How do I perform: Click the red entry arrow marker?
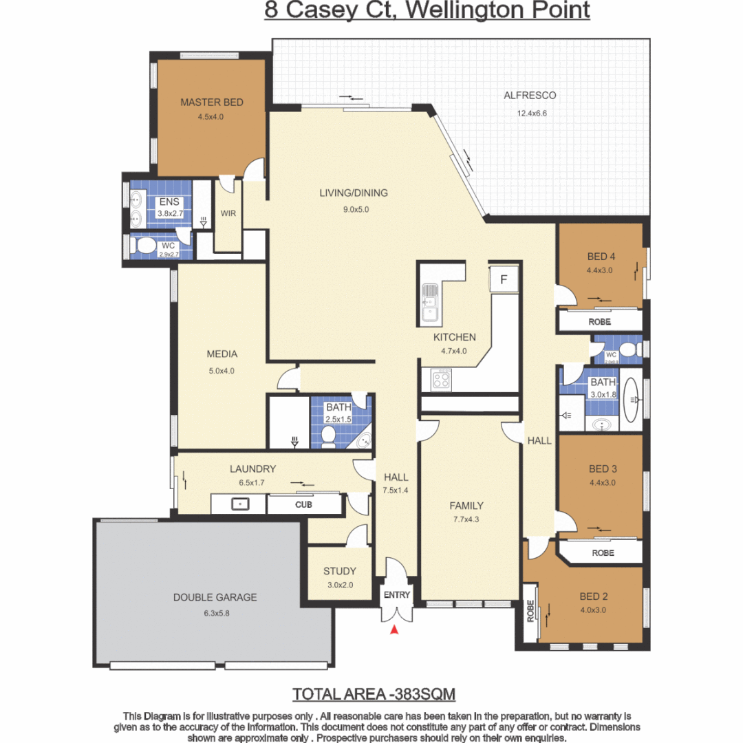click(394, 629)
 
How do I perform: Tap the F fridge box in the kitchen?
click(504, 280)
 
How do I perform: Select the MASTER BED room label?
click(212, 103)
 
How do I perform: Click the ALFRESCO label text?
click(530, 96)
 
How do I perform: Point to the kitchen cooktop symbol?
click(440, 378)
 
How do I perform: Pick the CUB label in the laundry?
click(303, 504)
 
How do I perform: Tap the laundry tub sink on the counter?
click(239, 504)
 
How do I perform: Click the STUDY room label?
click(340, 571)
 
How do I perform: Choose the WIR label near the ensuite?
click(228, 213)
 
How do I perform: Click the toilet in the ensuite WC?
click(147, 246)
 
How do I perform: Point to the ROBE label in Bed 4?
click(599, 321)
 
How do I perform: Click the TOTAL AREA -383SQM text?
click(374, 693)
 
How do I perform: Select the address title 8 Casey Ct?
click(427, 11)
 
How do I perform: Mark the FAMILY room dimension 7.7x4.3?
click(467, 519)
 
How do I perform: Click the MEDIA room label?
click(222, 354)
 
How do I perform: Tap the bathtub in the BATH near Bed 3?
click(633, 399)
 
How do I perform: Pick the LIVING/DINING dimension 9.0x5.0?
click(354, 210)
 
